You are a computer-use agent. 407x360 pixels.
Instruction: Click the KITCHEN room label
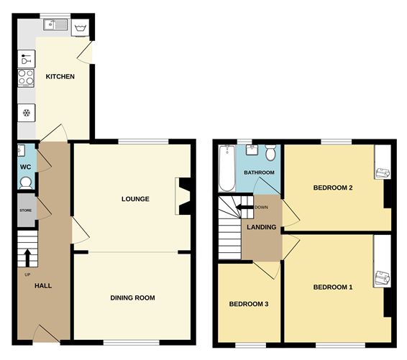coord(60,76)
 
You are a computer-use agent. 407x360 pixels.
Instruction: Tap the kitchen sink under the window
coord(55,27)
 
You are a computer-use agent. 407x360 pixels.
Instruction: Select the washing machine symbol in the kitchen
coord(81,28)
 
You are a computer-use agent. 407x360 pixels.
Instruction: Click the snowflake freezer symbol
coord(27,113)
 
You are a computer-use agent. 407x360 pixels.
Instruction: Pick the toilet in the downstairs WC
coord(27,182)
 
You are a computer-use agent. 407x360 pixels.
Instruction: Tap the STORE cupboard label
coord(26,211)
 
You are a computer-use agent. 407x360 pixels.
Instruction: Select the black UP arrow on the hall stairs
coord(27,257)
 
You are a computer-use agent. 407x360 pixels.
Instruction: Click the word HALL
coord(44,285)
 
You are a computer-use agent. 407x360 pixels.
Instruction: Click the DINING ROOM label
coord(132,297)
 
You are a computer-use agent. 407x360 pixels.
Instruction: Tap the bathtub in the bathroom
coord(227,168)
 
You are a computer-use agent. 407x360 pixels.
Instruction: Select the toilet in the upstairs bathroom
coord(270,153)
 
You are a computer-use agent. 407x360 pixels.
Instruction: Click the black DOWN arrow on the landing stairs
coord(244,208)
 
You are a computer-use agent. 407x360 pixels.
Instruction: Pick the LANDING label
coord(261,227)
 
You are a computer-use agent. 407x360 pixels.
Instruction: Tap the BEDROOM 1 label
coord(333,287)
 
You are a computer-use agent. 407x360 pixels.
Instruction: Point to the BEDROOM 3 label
coord(248,304)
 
